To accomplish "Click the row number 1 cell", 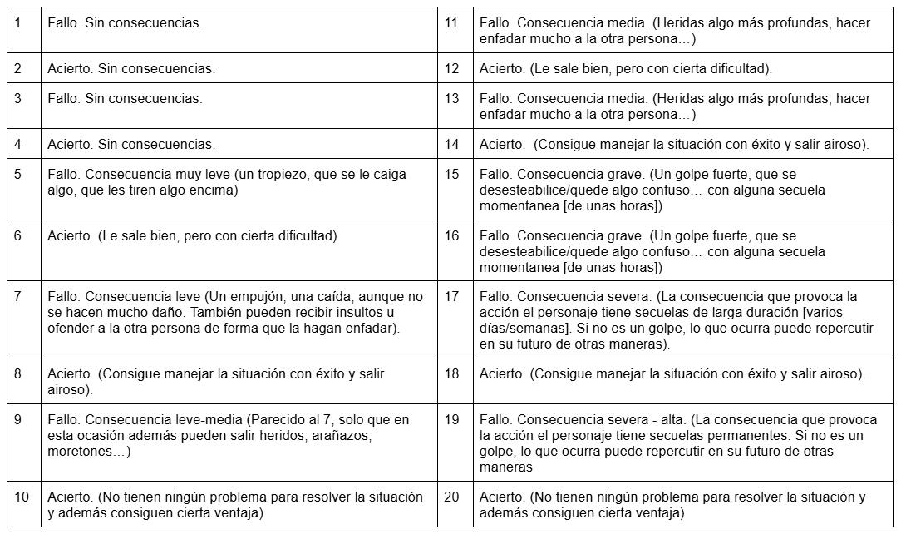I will point(17,23).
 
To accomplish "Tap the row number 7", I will point(17,297).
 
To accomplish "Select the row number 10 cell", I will point(22,497).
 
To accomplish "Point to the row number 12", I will point(451,69).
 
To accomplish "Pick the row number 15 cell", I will point(451,175).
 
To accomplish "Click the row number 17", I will point(451,297).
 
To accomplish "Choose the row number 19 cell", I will point(451,420).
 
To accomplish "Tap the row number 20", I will point(451,497).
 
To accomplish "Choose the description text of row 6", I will point(192,236).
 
